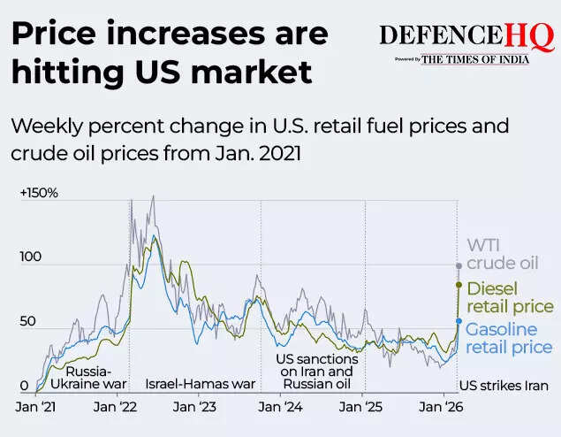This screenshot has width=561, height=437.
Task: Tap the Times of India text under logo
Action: coord(475,59)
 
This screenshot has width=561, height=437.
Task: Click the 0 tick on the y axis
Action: coord(25,385)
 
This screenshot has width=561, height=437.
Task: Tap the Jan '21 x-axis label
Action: coord(37,407)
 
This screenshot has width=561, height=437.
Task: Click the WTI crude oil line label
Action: coord(501,254)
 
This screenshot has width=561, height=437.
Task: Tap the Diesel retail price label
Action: coord(509,297)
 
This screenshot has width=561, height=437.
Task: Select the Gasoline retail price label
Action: coord(509,339)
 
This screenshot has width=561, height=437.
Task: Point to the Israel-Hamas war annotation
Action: coord(200,385)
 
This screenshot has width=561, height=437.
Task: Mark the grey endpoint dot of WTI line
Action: coord(458,265)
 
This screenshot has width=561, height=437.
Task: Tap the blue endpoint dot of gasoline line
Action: coord(458,321)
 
